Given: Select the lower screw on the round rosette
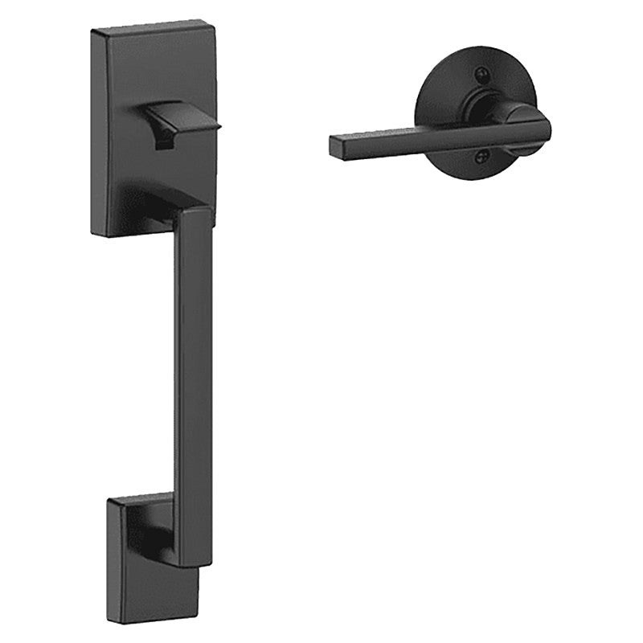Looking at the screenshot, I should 482,158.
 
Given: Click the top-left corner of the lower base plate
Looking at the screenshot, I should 109,502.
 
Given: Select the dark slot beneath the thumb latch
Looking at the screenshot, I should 165,143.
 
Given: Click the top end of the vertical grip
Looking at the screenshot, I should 193,213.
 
